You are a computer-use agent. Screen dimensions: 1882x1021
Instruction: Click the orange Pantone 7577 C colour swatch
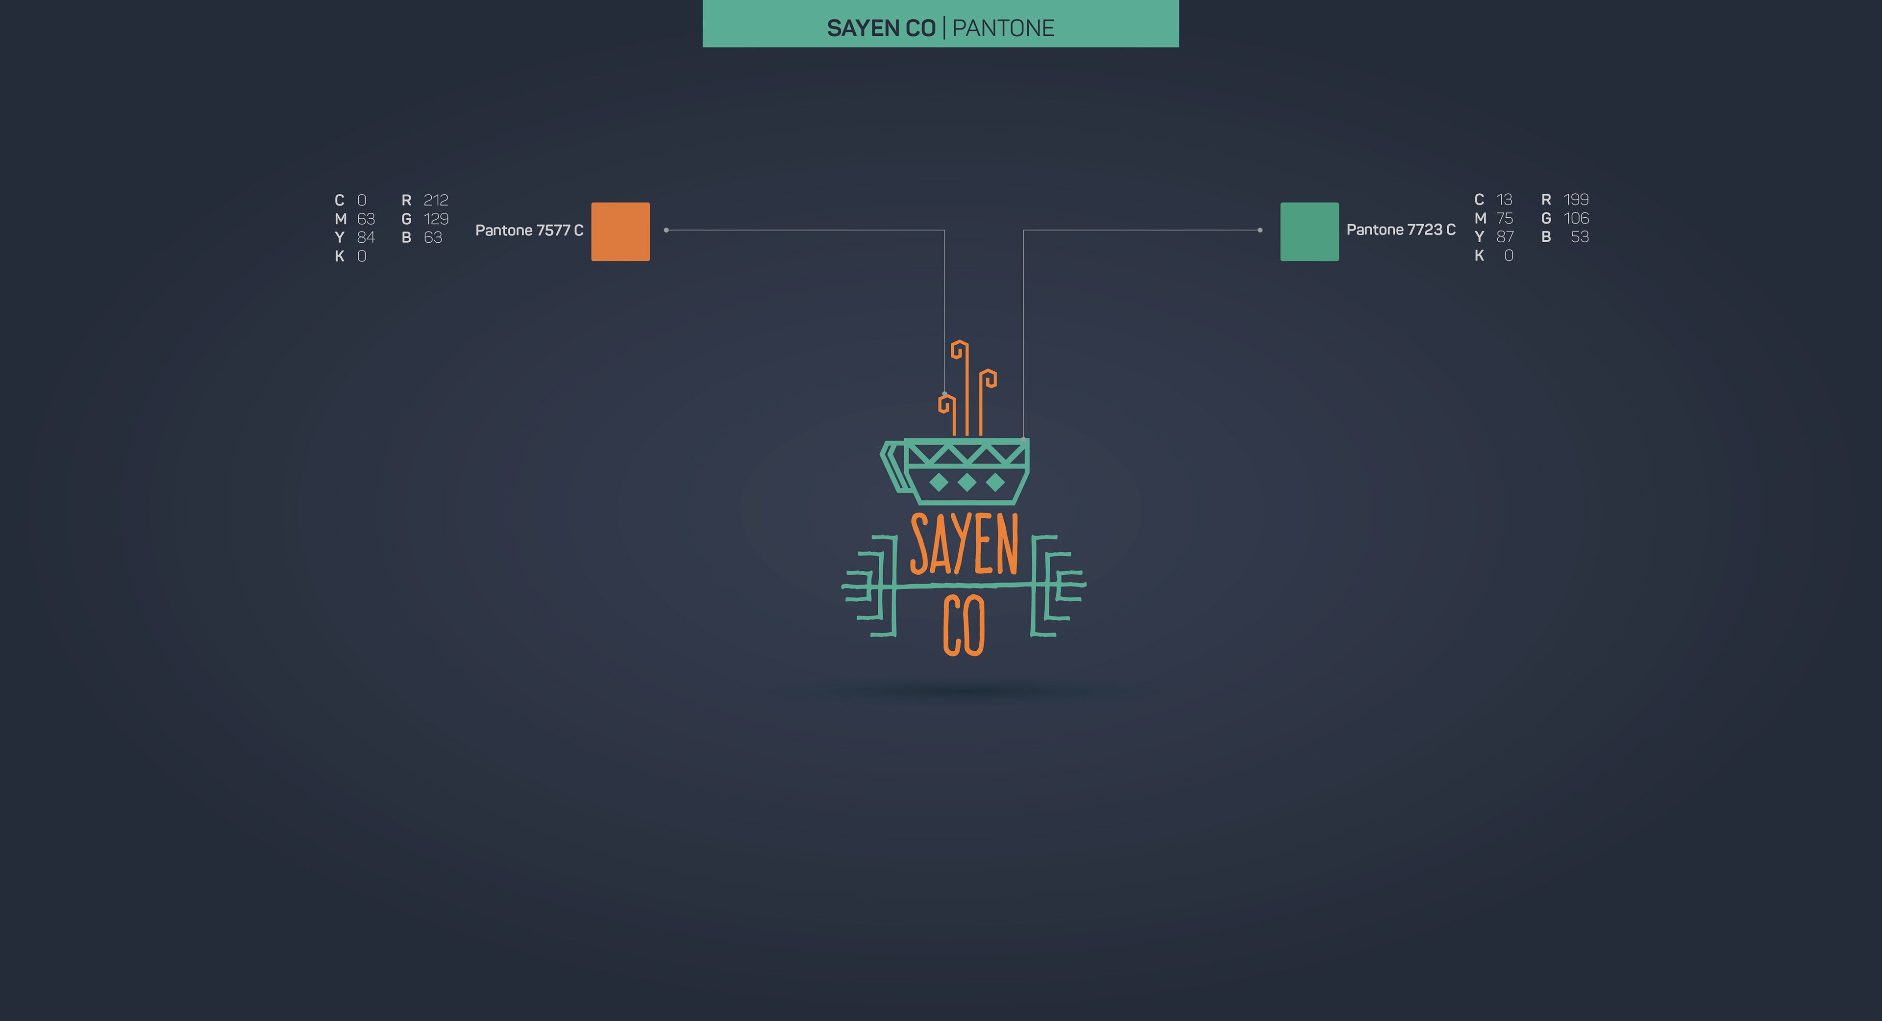coord(620,231)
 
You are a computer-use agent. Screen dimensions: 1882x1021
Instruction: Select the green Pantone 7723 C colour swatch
coord(1309,231)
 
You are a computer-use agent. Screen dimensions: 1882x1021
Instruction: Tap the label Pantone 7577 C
coord(529,230)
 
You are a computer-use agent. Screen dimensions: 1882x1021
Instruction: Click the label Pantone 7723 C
coord(1401,230)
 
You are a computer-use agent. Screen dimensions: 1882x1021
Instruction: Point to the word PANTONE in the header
coord(1003,28)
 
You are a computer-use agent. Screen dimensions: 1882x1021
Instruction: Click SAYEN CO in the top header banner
coord(881,28)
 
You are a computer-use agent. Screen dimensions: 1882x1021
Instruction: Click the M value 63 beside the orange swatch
coord(365,219)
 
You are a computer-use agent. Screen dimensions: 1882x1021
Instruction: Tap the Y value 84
coord(365,237)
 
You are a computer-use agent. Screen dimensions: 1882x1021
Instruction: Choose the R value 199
coord(1576,200)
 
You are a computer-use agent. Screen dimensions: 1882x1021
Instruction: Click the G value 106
coord(1576,218)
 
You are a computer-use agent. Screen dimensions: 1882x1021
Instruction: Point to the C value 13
coord(1504,200)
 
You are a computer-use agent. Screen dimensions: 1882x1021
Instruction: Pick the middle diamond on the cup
coord(966,483)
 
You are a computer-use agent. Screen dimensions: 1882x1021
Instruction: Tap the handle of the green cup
coord(893,466)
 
